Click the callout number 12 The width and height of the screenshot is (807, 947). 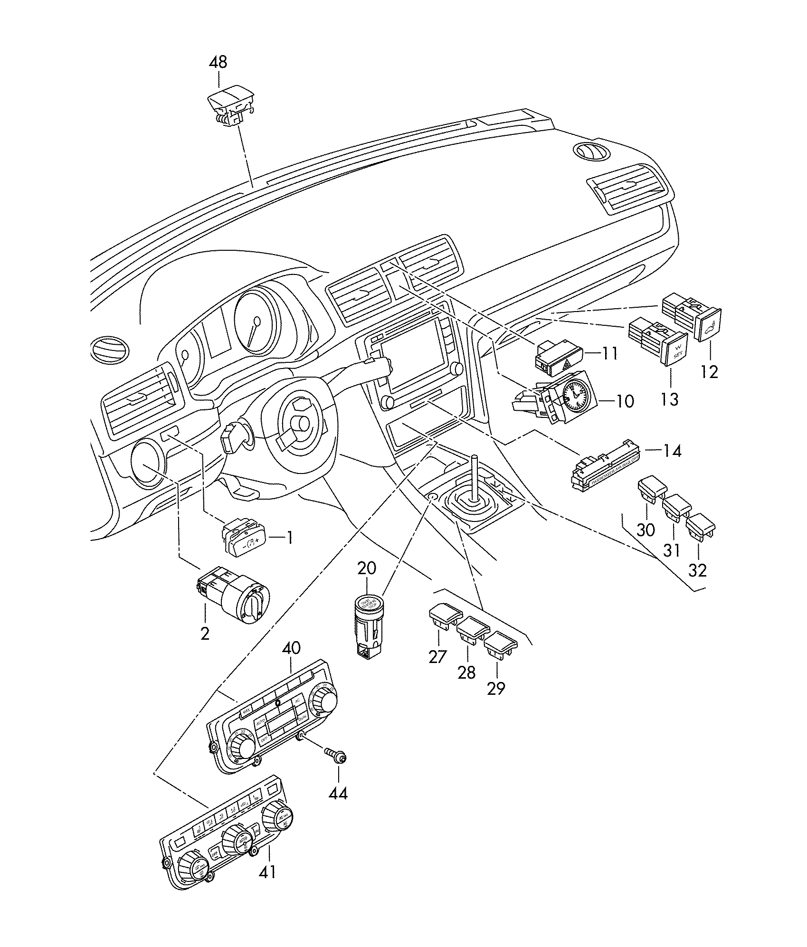tap(710, 371)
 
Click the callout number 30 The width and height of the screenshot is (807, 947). tap(646, 530)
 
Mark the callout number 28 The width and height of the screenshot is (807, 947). tap(466, 672)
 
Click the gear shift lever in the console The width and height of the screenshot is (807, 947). tap(473, 480)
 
